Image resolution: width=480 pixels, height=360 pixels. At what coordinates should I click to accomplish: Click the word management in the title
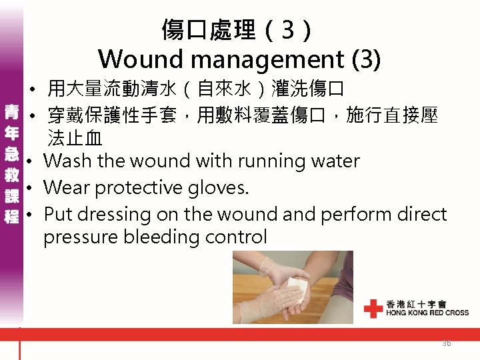(x=265, y=60)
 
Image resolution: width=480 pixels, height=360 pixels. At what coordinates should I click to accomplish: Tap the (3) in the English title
(x=366, y=59)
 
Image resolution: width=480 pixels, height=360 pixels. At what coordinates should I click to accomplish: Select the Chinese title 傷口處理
(x=208, y=29)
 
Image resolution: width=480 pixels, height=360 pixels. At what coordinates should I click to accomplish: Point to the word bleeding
(x=157, y=237)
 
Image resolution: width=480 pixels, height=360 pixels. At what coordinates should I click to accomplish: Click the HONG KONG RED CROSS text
(x=427, y=312)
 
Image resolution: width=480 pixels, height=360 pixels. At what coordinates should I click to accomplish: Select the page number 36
(x=446, y=343)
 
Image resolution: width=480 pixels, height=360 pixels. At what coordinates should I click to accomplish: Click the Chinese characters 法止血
(x=75, y=139)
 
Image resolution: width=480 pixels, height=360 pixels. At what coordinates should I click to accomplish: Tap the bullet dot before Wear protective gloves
(x=31, y=189)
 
